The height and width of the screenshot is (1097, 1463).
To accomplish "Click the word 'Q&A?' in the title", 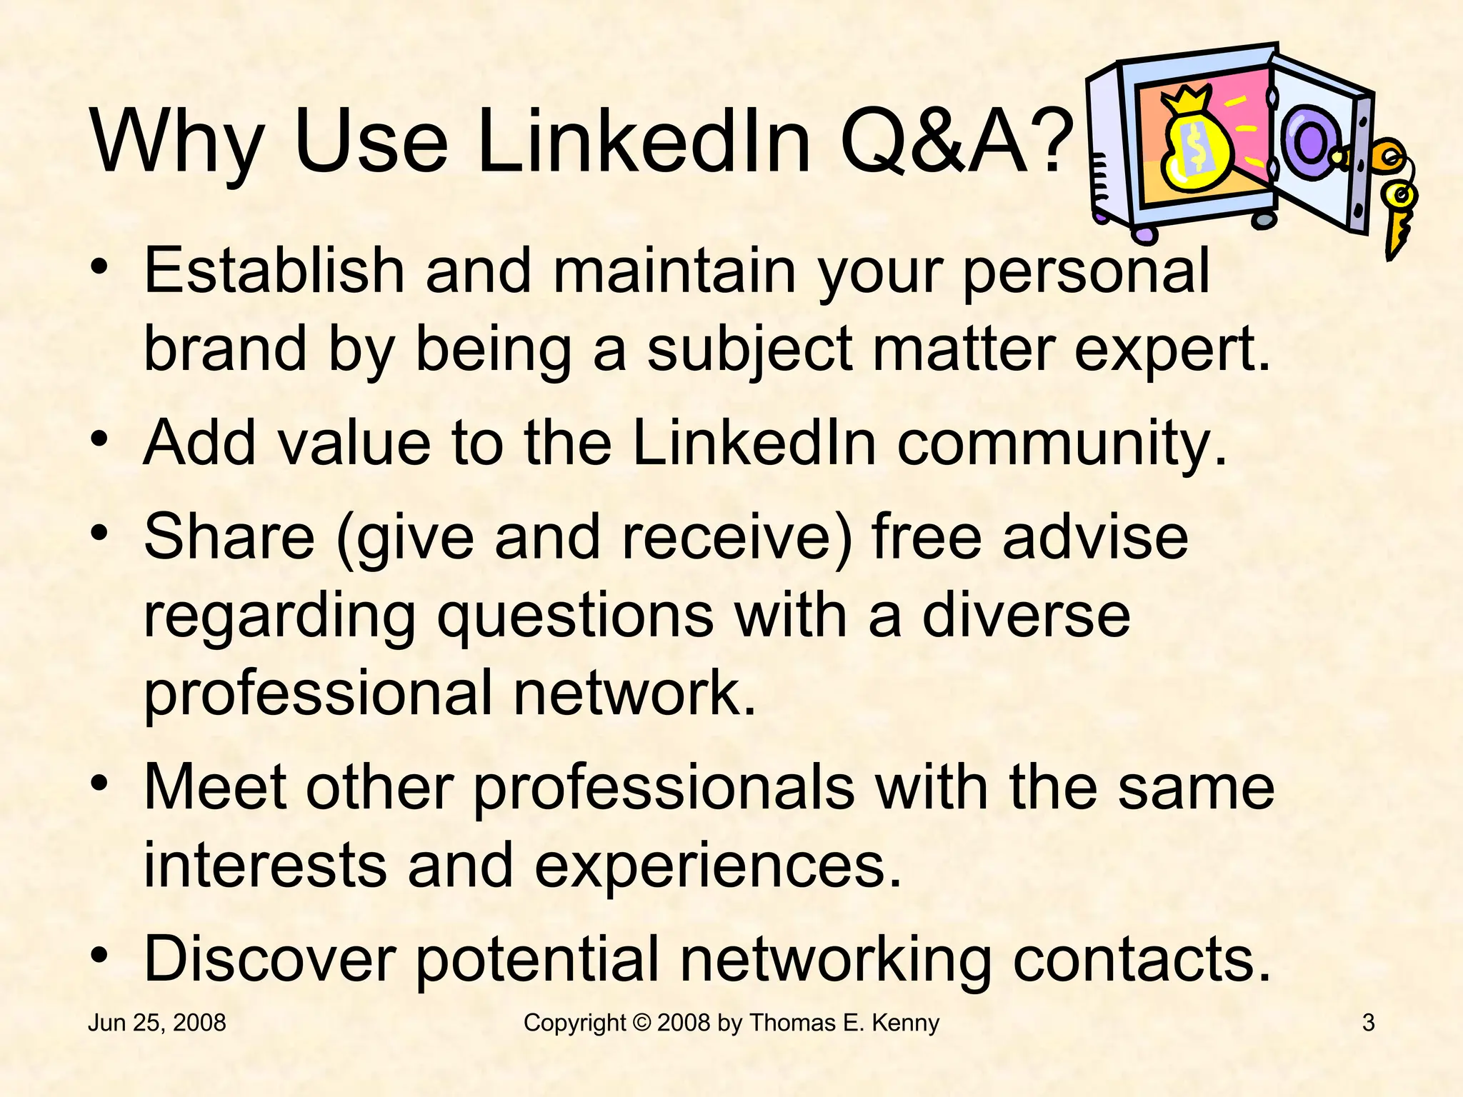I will click(x=957, y=141).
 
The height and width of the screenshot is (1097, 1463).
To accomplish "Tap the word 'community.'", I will click(x=1062, y=443).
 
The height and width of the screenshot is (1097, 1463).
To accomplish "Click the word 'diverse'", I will click(x=1026, y=616).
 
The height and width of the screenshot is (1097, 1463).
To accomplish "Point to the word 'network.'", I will click(x=634, y=693).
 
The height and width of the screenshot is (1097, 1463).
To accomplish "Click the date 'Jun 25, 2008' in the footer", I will click(x=156, y=1023).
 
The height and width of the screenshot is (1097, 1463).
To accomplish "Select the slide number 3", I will click(x=1368, y=1023).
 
